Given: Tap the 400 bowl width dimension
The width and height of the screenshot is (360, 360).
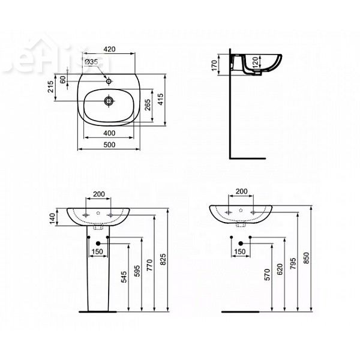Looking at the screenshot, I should pyautogui.click(x=109, y=132).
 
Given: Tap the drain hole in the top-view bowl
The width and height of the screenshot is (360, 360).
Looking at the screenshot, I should pyautogui.click(x=110, y=101).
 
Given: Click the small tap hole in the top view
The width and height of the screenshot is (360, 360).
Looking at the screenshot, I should pyautogui.click(x=110, y=79).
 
